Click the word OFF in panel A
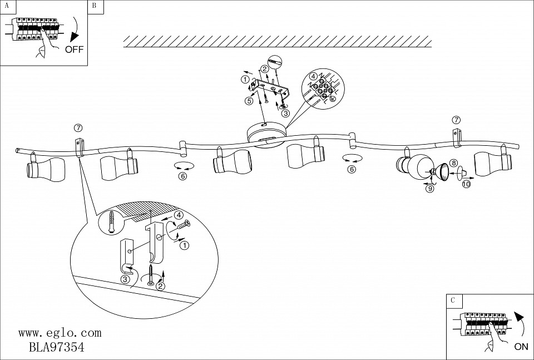coord(74,49)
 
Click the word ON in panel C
coord(521,346)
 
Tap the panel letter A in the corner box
coord(6,6)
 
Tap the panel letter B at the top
coord(94,6)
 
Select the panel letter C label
coord(453,300)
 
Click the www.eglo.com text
coord(60,333)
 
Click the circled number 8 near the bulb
coord(453,163)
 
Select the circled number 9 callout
coord(429,188)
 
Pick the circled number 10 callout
coord(466,184)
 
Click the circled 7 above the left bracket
coord(77,129)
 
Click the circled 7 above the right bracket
coord(456,120)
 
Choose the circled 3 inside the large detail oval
coord(126,279)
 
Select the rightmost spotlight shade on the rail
coord(491,162)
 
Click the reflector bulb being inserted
coord(443,171)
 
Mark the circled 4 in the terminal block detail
coord(313,76)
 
